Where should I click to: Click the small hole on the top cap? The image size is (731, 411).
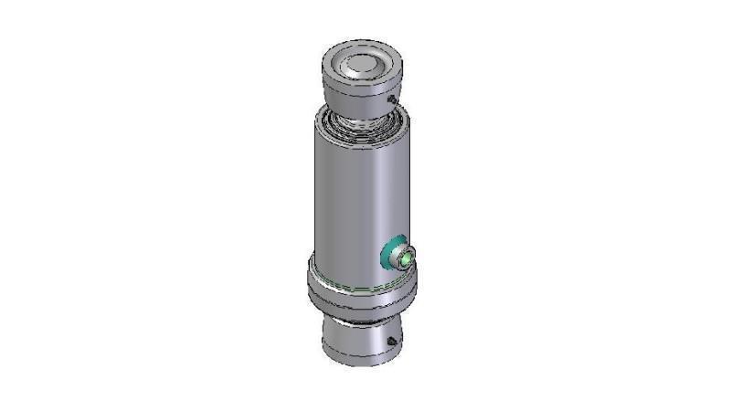click(x=392, y=99)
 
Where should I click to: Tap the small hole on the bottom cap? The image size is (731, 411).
click(x=390, y=342)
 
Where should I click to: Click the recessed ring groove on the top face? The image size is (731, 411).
click(x=344, y=69)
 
